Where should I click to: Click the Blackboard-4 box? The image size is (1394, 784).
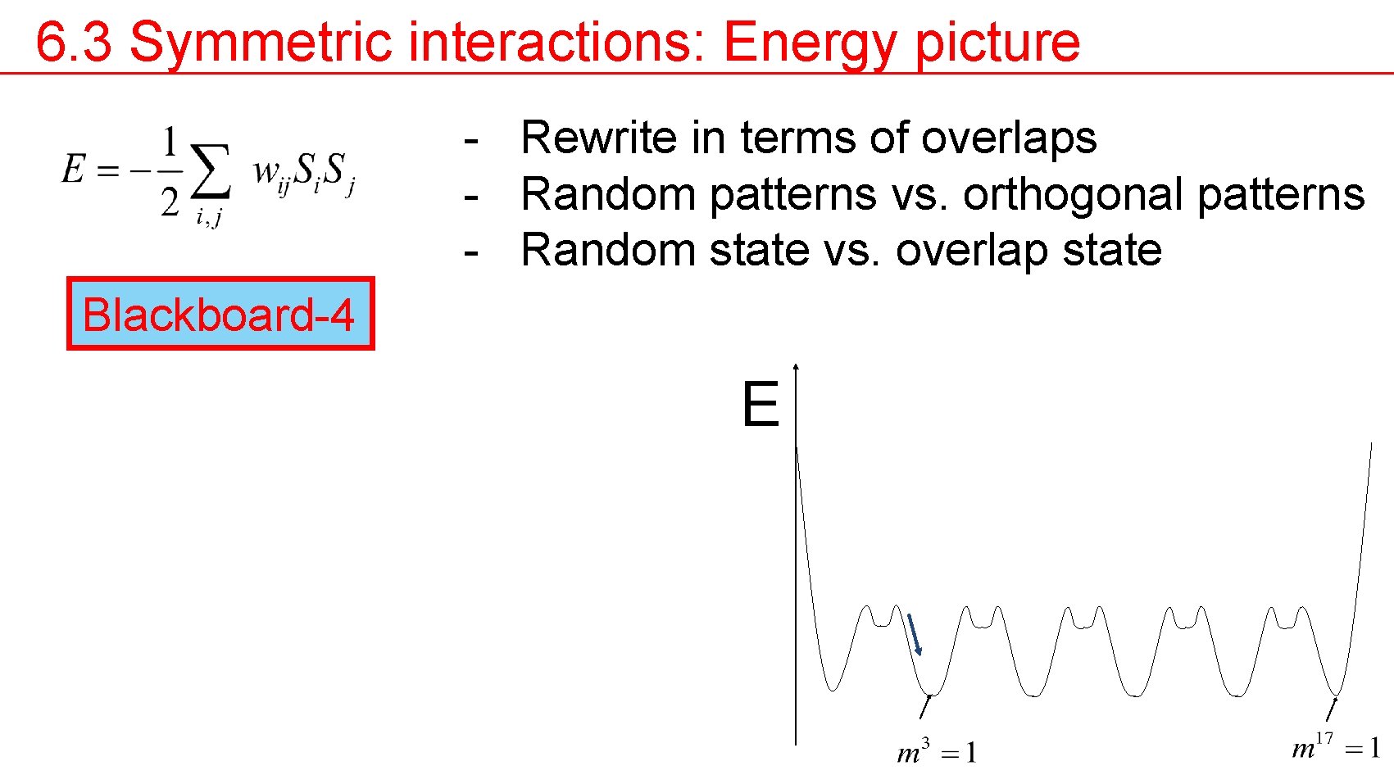pos(220,314)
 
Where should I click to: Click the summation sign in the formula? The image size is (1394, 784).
pos(210,170)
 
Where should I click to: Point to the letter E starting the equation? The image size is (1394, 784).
pos(73,170)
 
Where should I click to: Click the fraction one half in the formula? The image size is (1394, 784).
pos(170,170)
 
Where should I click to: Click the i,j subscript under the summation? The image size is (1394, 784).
pos(208,217)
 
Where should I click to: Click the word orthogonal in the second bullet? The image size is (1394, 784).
pos(1074,195)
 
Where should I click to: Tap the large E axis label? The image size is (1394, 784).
pos(760,405)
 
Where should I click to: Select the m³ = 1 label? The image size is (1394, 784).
pos(936,751)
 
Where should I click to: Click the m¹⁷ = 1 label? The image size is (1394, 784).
pos(1335,746)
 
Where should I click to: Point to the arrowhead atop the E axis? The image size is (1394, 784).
pos(796,368)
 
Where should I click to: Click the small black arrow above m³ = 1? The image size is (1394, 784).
pos(925,706)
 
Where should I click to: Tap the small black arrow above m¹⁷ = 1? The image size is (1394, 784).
pos(1332,709)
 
